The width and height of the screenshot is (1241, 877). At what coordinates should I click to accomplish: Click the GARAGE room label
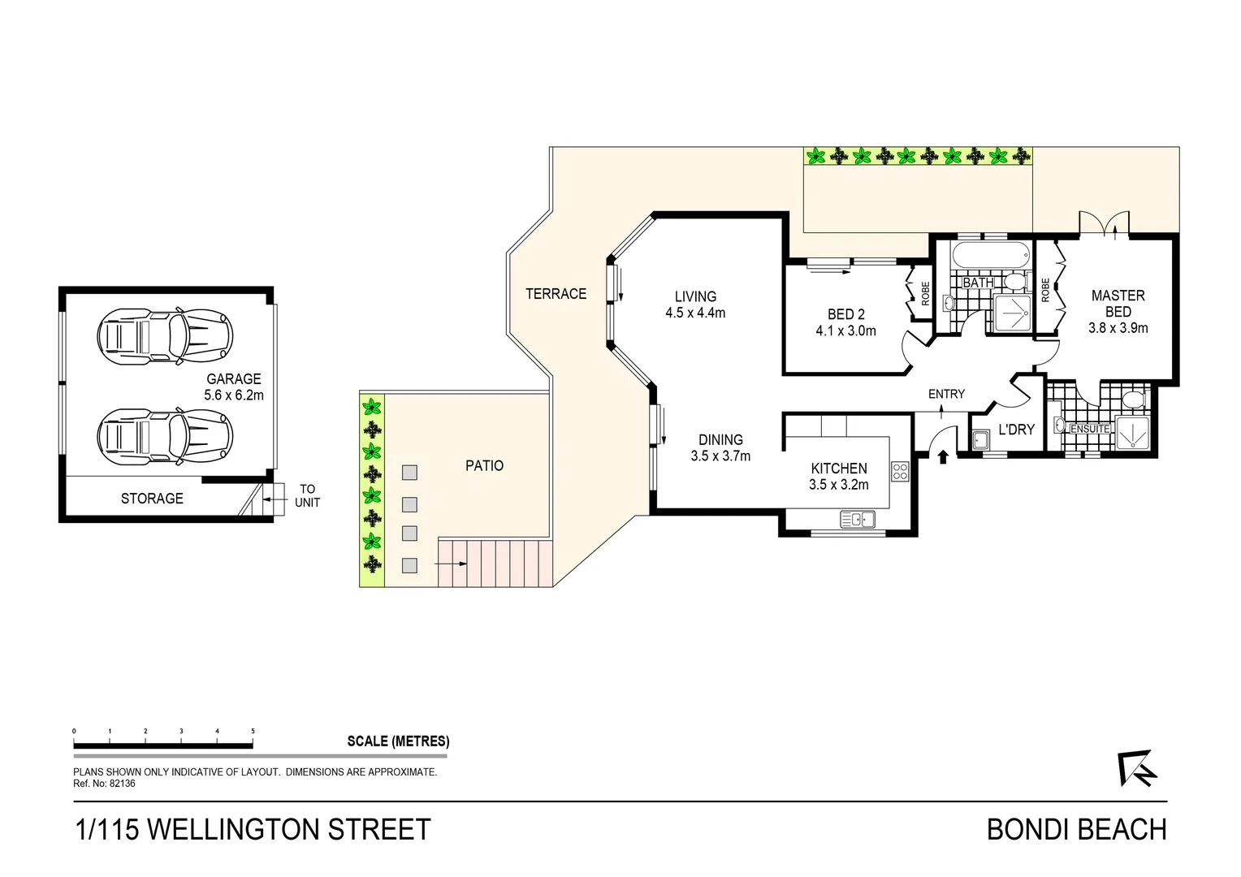click(x=234, y=379)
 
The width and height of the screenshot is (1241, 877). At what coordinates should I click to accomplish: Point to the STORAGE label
click(x=152, y=499)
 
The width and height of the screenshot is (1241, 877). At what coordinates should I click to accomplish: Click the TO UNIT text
click(x=307, y=496)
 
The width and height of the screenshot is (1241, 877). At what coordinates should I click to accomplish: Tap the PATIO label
click(x=484, y=465)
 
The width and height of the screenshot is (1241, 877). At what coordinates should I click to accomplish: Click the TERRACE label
click(x=556, y=294)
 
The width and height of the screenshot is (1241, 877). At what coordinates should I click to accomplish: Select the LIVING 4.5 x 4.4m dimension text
click(x=695, y=313)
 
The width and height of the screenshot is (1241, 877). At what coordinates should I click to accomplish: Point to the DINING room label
click(x=720, y=440)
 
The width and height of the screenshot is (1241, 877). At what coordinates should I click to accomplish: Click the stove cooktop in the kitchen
click(x=899, y=471)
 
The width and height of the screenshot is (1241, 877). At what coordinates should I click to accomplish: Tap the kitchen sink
click(x=857, y=519)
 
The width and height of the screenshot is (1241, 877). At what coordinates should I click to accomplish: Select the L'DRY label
click(x=1016, y=430)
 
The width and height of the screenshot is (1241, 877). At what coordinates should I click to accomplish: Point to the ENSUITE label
click(x=1090, y=429)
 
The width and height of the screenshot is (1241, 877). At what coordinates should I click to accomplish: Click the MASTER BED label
click(x=1118, y=304)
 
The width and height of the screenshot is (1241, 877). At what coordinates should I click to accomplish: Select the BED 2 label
click(x=845, y=314)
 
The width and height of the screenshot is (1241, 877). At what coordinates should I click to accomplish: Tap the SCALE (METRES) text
click(x=398, y=741)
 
